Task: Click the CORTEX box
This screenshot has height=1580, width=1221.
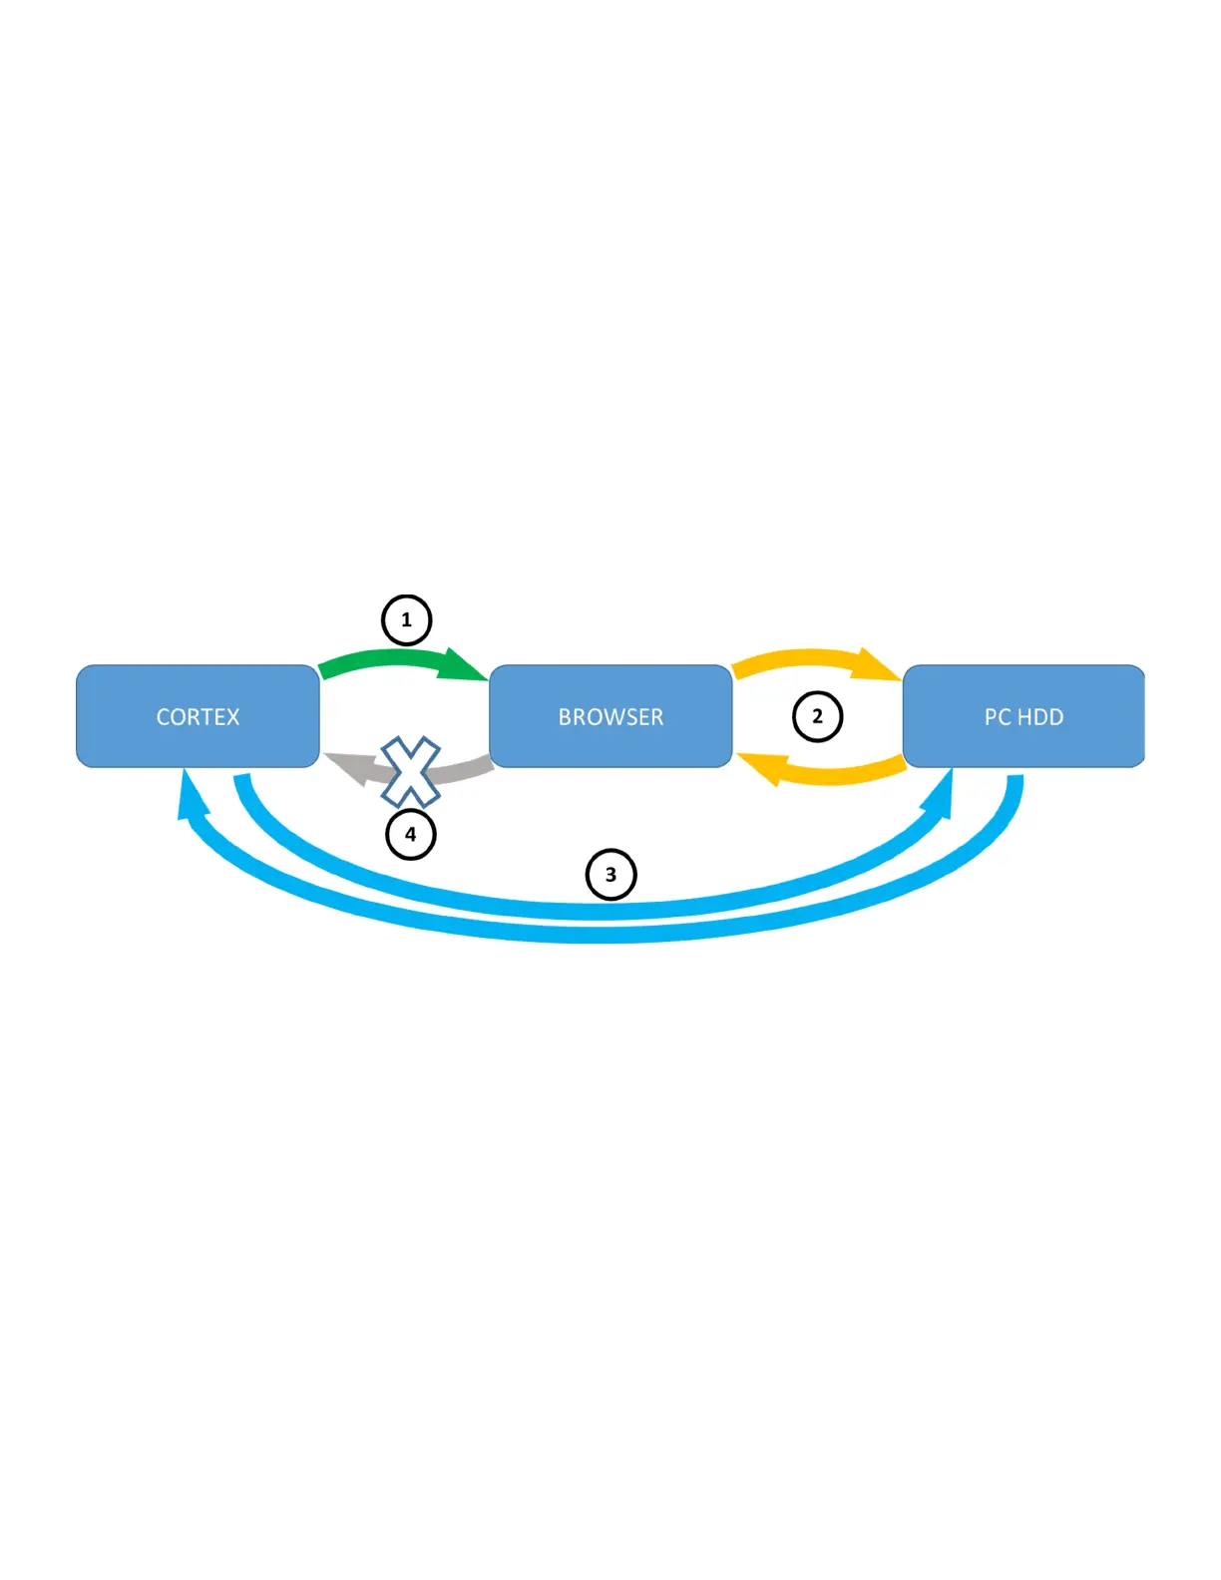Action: click(x=198, y=716)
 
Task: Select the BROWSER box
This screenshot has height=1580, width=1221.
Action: click(x=610, y=716)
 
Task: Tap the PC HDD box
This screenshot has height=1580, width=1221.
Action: click(x=1023, y=716)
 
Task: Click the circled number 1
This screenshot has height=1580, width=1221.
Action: click(x=406, y=619)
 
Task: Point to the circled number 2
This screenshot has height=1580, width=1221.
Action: click(x=817, y=716)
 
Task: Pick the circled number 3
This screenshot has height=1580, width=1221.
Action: click(x=610, y=875)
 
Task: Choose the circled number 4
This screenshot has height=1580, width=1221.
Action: click(x=410, y=834)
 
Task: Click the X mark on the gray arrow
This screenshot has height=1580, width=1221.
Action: click(x=410, y=771)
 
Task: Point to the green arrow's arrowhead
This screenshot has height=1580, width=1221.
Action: click(x=464, y=665)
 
